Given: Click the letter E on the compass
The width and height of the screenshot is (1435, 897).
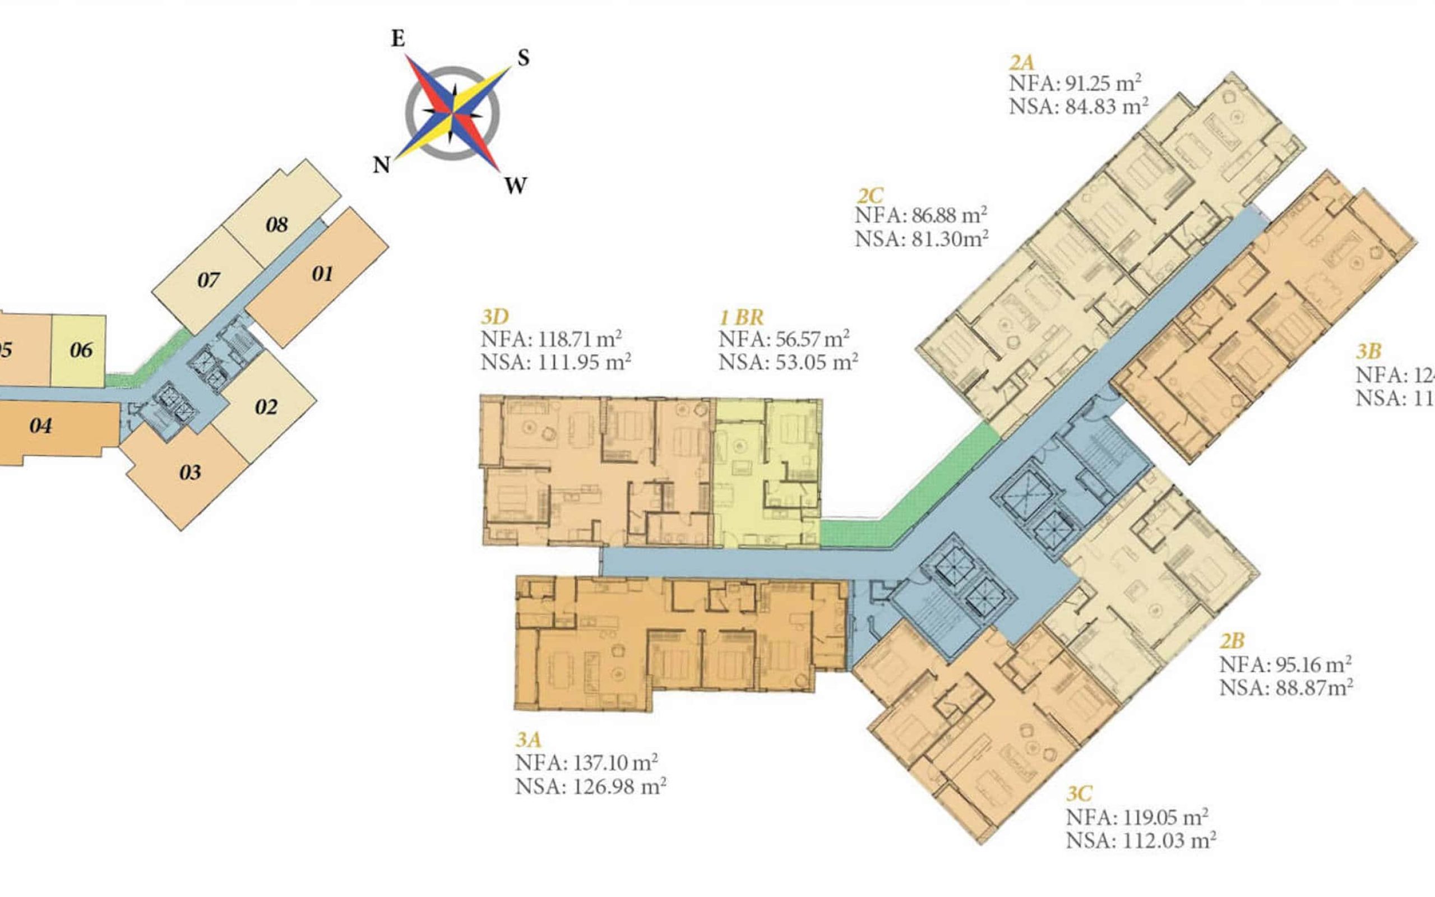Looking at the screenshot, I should click(398, 39).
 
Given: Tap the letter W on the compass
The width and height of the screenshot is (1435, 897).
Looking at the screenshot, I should click(515, 186).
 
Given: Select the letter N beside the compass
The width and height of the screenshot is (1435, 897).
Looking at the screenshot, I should click(381, 165).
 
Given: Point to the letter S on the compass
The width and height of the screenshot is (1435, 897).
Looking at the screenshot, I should click(523, 58).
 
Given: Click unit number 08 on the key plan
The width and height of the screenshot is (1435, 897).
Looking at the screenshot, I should click(277, 225).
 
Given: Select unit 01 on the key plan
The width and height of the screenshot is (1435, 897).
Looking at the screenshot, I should click(322, 274).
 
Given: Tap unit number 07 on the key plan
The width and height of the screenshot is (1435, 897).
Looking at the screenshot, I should click(209, 280).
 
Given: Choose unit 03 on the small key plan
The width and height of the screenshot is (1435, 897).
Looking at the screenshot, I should click(191, 473).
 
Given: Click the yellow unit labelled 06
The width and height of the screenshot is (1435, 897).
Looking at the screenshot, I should click(81, 350).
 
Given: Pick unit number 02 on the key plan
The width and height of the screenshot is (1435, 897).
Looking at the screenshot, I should click(266, 407).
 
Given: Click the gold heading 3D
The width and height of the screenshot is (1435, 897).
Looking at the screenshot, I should click(494, 317).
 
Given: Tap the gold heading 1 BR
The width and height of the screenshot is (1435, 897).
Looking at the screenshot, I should click(741, 317).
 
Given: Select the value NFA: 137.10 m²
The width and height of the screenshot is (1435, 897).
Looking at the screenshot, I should click(586, 762).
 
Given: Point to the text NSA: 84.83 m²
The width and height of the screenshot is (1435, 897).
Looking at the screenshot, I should click(1078, 107).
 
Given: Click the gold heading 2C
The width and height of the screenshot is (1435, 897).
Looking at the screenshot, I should click(870, 195).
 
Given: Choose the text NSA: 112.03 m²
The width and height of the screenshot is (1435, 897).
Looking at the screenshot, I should click(1141, 840).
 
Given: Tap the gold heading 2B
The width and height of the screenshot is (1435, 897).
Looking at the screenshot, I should click(1232, 641).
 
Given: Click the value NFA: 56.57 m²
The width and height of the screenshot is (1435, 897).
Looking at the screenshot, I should click(784, 339).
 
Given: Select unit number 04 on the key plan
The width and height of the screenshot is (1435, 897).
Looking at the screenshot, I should click(40, 426).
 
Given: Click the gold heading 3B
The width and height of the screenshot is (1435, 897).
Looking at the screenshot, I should click(1369, 352).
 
